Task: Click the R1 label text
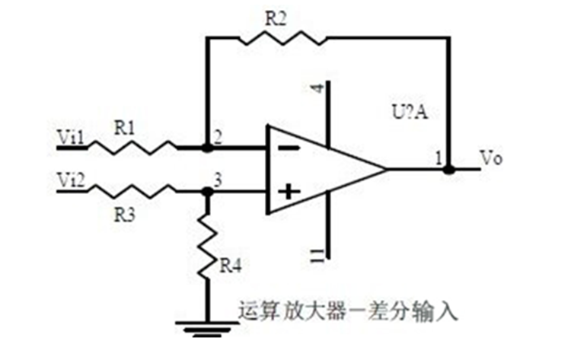click(125, 126)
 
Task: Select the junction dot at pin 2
click(207, 146)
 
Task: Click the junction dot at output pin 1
click(449, 168)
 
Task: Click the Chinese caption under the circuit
click(349, 310)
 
